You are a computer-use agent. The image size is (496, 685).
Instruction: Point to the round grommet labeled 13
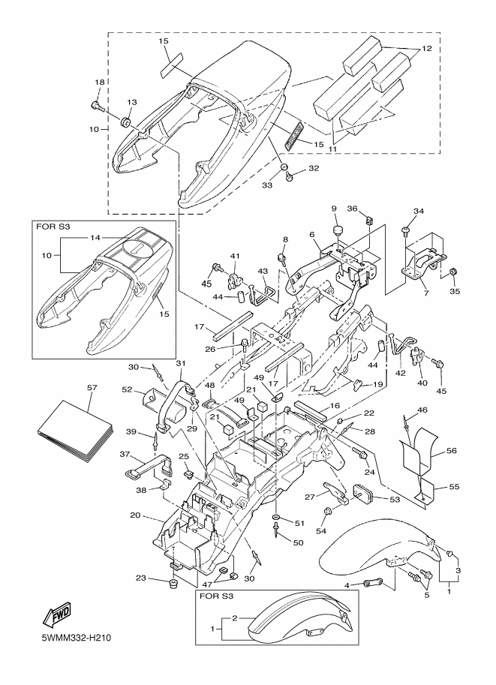(x=127, y=120)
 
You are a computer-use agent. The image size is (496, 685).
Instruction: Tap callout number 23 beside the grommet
(x=141, y=578)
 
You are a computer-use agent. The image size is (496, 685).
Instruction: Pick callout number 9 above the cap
(x=335, y=208)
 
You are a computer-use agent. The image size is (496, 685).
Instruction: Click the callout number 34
(x=419, y=211)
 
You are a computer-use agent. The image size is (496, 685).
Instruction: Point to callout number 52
(x=128, y=389)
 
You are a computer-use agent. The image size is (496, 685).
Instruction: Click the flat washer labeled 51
(x=278, y=519)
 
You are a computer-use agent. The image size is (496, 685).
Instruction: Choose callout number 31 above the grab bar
(x=180, y=363)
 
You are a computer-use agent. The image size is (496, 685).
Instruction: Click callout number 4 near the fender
(x=347, y=584)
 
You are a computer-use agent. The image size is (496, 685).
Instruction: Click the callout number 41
(x=234, y=256)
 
